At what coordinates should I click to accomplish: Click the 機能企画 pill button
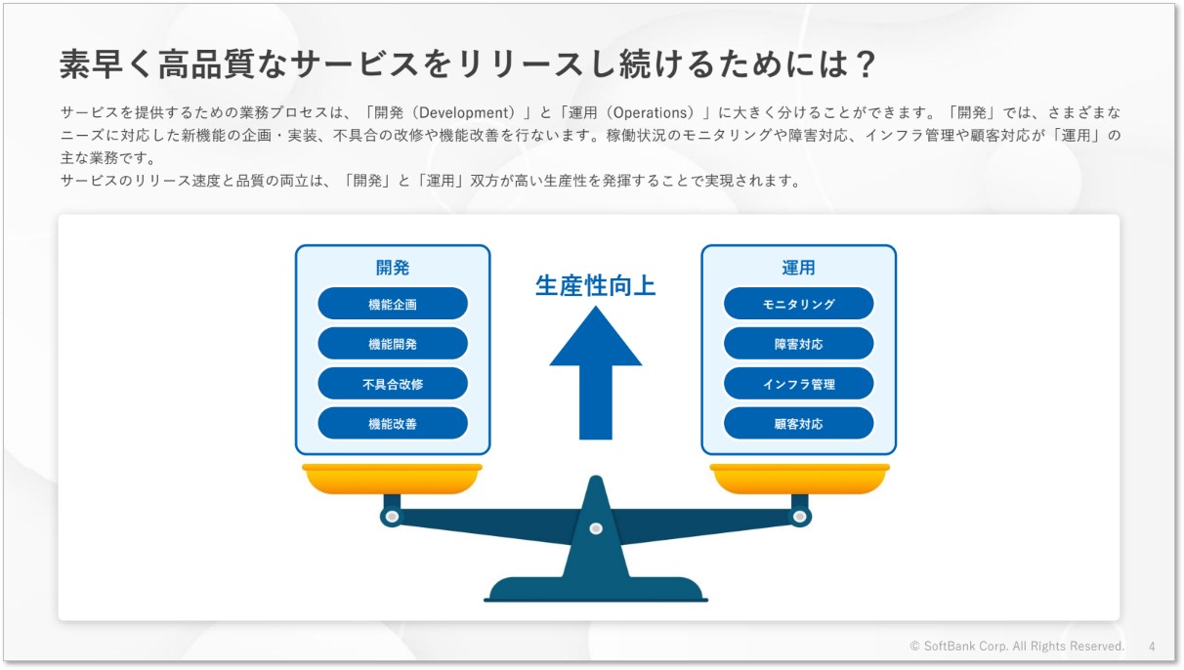392,304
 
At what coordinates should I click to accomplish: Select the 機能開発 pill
392,344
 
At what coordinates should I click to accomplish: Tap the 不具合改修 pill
392,384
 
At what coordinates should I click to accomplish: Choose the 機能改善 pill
392,423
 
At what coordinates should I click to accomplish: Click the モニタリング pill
798,304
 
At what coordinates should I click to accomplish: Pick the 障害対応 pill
798,344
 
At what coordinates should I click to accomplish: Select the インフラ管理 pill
798,384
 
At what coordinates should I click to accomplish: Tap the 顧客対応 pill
798,423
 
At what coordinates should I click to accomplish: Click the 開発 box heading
392,268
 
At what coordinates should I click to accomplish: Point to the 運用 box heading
798,268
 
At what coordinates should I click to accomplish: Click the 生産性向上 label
596,286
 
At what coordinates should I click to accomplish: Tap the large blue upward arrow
596,373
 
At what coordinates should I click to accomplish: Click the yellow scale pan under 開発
392,479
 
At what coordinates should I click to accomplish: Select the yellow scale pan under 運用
799,479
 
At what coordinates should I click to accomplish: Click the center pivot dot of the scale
596,528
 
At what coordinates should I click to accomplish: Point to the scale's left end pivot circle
392,517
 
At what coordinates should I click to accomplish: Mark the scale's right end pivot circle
800,517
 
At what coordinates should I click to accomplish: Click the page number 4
1152,647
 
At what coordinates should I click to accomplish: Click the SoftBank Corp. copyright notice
1017,647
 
